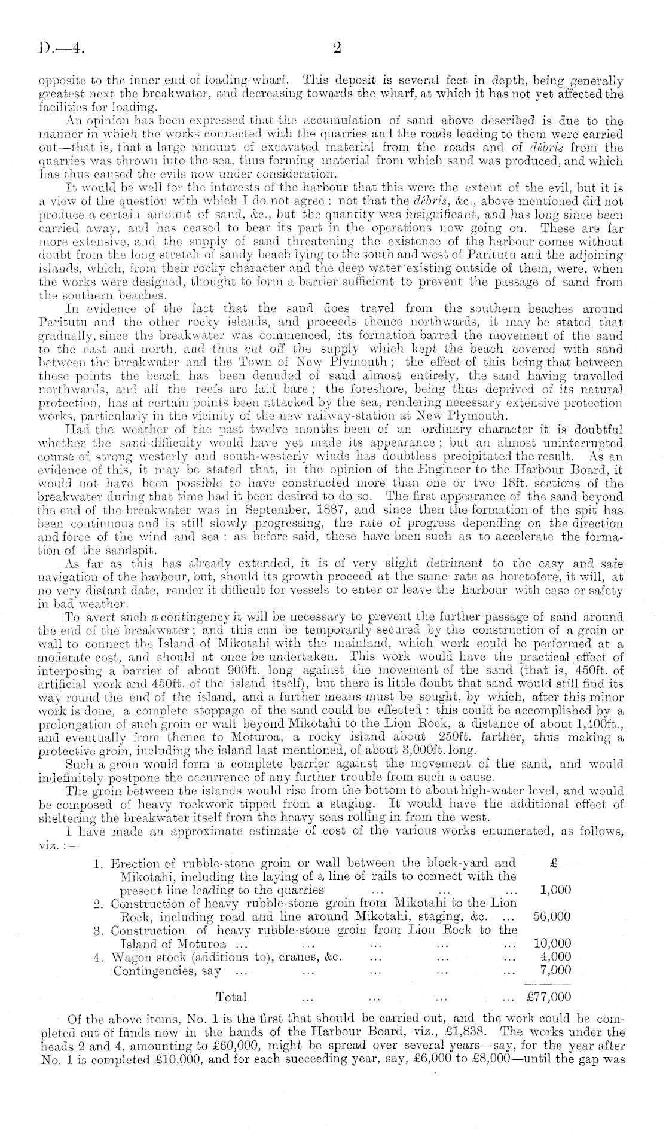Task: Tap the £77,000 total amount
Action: pos(548,997)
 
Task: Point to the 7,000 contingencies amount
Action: pos(555,970)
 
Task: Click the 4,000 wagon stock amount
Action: pos(555,956)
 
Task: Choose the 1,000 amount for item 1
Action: pos(555,889)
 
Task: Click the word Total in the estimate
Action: pos(231,997)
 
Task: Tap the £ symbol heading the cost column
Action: pos(553,863)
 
